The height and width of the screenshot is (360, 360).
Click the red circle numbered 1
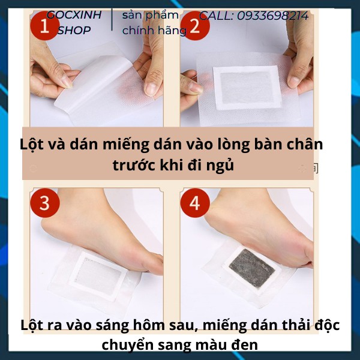pyautogui.click(x=45, y=26)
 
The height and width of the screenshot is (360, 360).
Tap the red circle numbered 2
pyautogui.click(x=195, y=26)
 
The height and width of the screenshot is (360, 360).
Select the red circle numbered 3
pyautogui.click(x=45, y=203)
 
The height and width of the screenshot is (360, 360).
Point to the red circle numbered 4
pyautogui.click(x=195, y=203)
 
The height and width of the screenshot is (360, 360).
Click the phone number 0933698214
pyautogui.click(x=273, y=16)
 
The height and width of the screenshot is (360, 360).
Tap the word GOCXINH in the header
pyautogui.click(x=74, y=15)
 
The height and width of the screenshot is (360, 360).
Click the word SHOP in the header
pyautogui.click(x=74, y=31)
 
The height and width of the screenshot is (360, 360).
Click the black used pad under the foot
pyautogui.click(x=252, y=268)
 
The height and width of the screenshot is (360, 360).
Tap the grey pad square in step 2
pyautogui.click(x=247, y=87)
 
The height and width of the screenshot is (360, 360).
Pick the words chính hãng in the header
pyautogui.click(x=154, y=31)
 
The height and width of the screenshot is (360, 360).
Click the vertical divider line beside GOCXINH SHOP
pyautogui.click(x=112, y=20)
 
